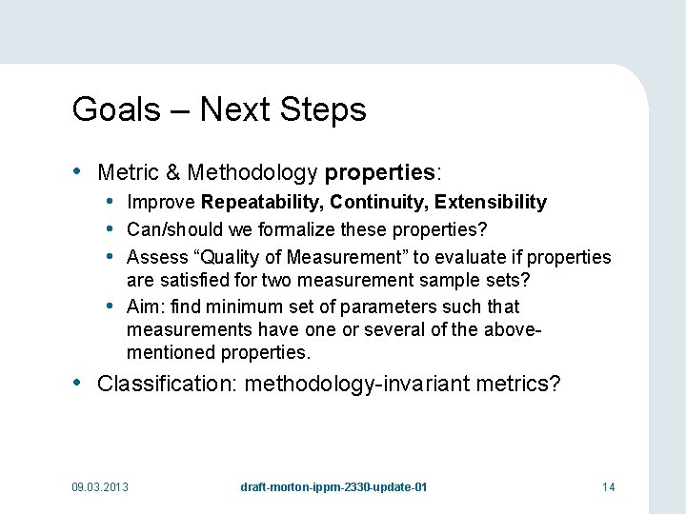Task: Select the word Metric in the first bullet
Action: (x=130, y=172)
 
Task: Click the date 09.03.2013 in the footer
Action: (x=100, y=487)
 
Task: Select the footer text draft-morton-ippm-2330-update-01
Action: (x=333, y=487)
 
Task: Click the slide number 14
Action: (x=608, y=487)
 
